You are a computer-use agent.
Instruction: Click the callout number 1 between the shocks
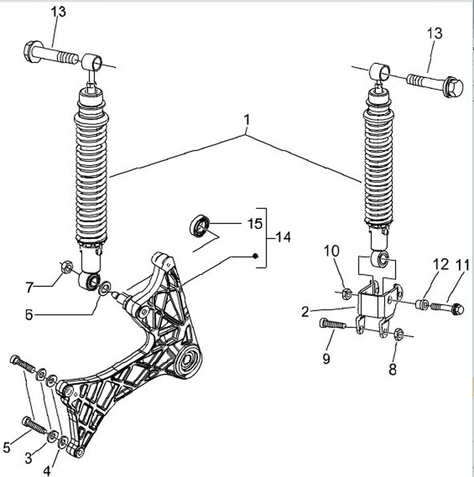[247, 120]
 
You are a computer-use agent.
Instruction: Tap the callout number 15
[255, 224]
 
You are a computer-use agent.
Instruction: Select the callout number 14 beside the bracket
[283, 237]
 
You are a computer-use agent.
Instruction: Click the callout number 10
[331, 251]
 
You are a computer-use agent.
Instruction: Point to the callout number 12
[441, 264]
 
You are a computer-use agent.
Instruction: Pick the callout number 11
[462, 265]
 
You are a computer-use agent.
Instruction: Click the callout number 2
[305, 312]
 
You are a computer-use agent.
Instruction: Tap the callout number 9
[326, 359]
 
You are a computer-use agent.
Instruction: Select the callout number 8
[392, 370]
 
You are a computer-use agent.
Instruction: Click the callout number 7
[29, 288]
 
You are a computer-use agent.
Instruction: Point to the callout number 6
[29, 315]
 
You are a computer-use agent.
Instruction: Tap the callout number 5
[7, 448]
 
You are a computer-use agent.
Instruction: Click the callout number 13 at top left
[58, 12]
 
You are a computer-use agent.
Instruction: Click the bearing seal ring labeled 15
[199, 225]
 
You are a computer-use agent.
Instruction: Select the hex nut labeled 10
[348, 293]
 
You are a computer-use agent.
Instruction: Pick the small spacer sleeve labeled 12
[422, 304]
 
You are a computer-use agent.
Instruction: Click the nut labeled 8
[399, 334]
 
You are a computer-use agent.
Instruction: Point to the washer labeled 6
[105, 288]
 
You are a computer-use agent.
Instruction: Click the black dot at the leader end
[255, 256]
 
